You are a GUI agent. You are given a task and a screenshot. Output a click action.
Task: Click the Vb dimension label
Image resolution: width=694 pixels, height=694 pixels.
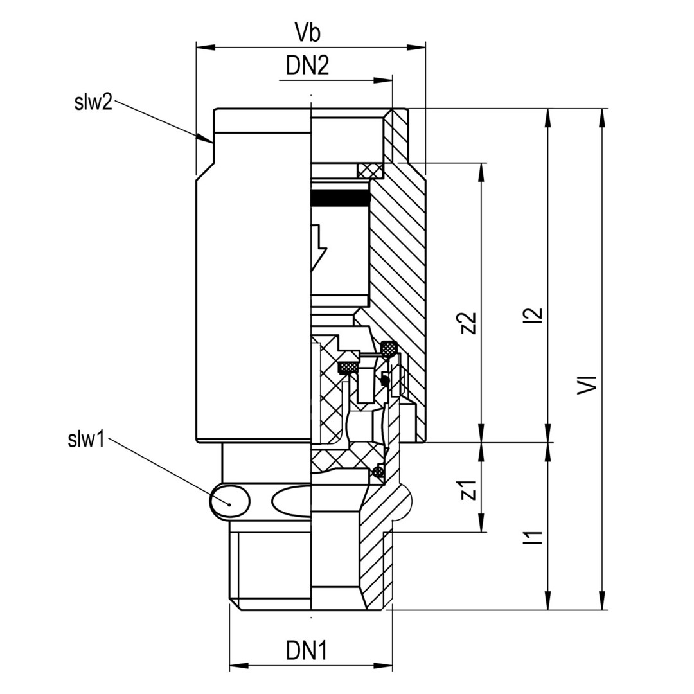coord(310,32)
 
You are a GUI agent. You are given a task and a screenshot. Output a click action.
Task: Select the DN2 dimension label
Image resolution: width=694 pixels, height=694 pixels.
coord(307,66)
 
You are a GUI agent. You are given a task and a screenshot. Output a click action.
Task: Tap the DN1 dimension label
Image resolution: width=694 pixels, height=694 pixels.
coord(307,652)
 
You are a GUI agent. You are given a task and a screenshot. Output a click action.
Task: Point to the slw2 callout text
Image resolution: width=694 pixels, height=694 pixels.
coord(93,102)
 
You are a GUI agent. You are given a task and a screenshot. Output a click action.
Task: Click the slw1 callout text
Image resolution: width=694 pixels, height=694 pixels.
coord(85,440)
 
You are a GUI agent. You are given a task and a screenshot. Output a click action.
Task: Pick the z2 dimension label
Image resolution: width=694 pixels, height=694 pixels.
coord(469,323)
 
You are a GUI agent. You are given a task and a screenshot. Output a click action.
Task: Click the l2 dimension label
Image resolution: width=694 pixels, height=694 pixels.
coord(535,315)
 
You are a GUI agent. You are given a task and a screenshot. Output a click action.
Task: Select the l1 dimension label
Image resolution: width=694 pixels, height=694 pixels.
coord(535,536)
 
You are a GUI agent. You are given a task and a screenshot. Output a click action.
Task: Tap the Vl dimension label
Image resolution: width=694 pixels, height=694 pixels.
coord(587,385)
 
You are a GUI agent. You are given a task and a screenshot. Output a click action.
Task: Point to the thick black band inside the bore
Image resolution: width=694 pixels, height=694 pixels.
coord(340,199)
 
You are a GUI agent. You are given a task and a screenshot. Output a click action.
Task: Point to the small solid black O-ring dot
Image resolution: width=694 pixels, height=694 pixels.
coord(384,381)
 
